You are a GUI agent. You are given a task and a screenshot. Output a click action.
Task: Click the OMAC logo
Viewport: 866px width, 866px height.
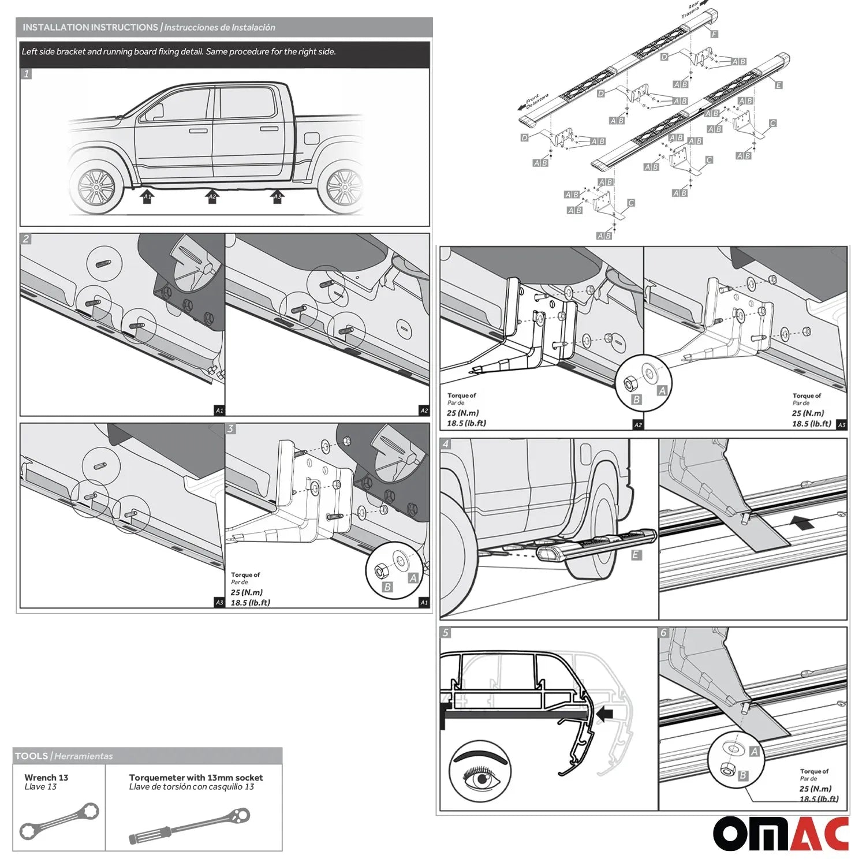tap(781, 834)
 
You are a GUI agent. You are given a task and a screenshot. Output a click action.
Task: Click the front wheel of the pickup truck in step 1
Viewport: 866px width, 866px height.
tap(97, 186)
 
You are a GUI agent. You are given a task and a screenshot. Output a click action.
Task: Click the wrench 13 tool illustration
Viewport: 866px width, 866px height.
tap(59, 821)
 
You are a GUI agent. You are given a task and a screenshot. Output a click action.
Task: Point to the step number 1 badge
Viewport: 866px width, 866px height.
tap(26, 74)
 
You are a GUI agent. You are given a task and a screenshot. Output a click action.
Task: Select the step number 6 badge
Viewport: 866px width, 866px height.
tap(664, 633)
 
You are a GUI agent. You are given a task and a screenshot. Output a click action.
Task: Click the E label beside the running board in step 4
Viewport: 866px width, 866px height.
tap(636, 555)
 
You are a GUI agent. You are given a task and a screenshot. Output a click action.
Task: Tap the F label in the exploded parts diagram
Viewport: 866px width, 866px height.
tap(714, 34)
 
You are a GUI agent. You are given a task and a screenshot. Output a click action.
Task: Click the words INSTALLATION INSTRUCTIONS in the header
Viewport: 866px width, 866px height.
tap(90, 27)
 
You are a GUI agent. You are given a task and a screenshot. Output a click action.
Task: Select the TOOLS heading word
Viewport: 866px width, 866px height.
tap(31, 756)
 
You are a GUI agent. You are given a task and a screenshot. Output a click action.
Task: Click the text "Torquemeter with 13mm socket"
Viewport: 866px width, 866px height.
tap(196, 778)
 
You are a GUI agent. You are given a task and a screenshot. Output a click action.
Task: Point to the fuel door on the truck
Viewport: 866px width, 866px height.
tap(311, 139)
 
